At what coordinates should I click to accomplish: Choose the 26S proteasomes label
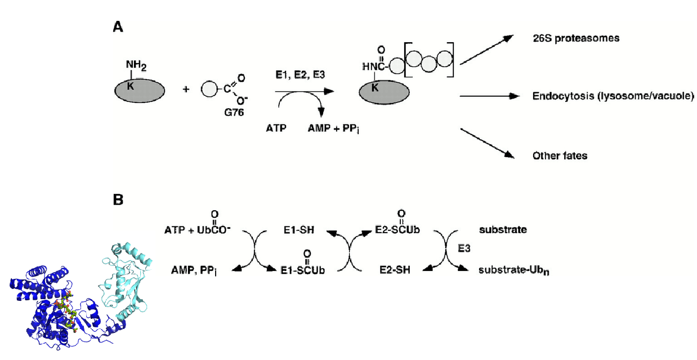pos(568,39)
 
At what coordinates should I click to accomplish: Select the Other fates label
pos(560,155)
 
